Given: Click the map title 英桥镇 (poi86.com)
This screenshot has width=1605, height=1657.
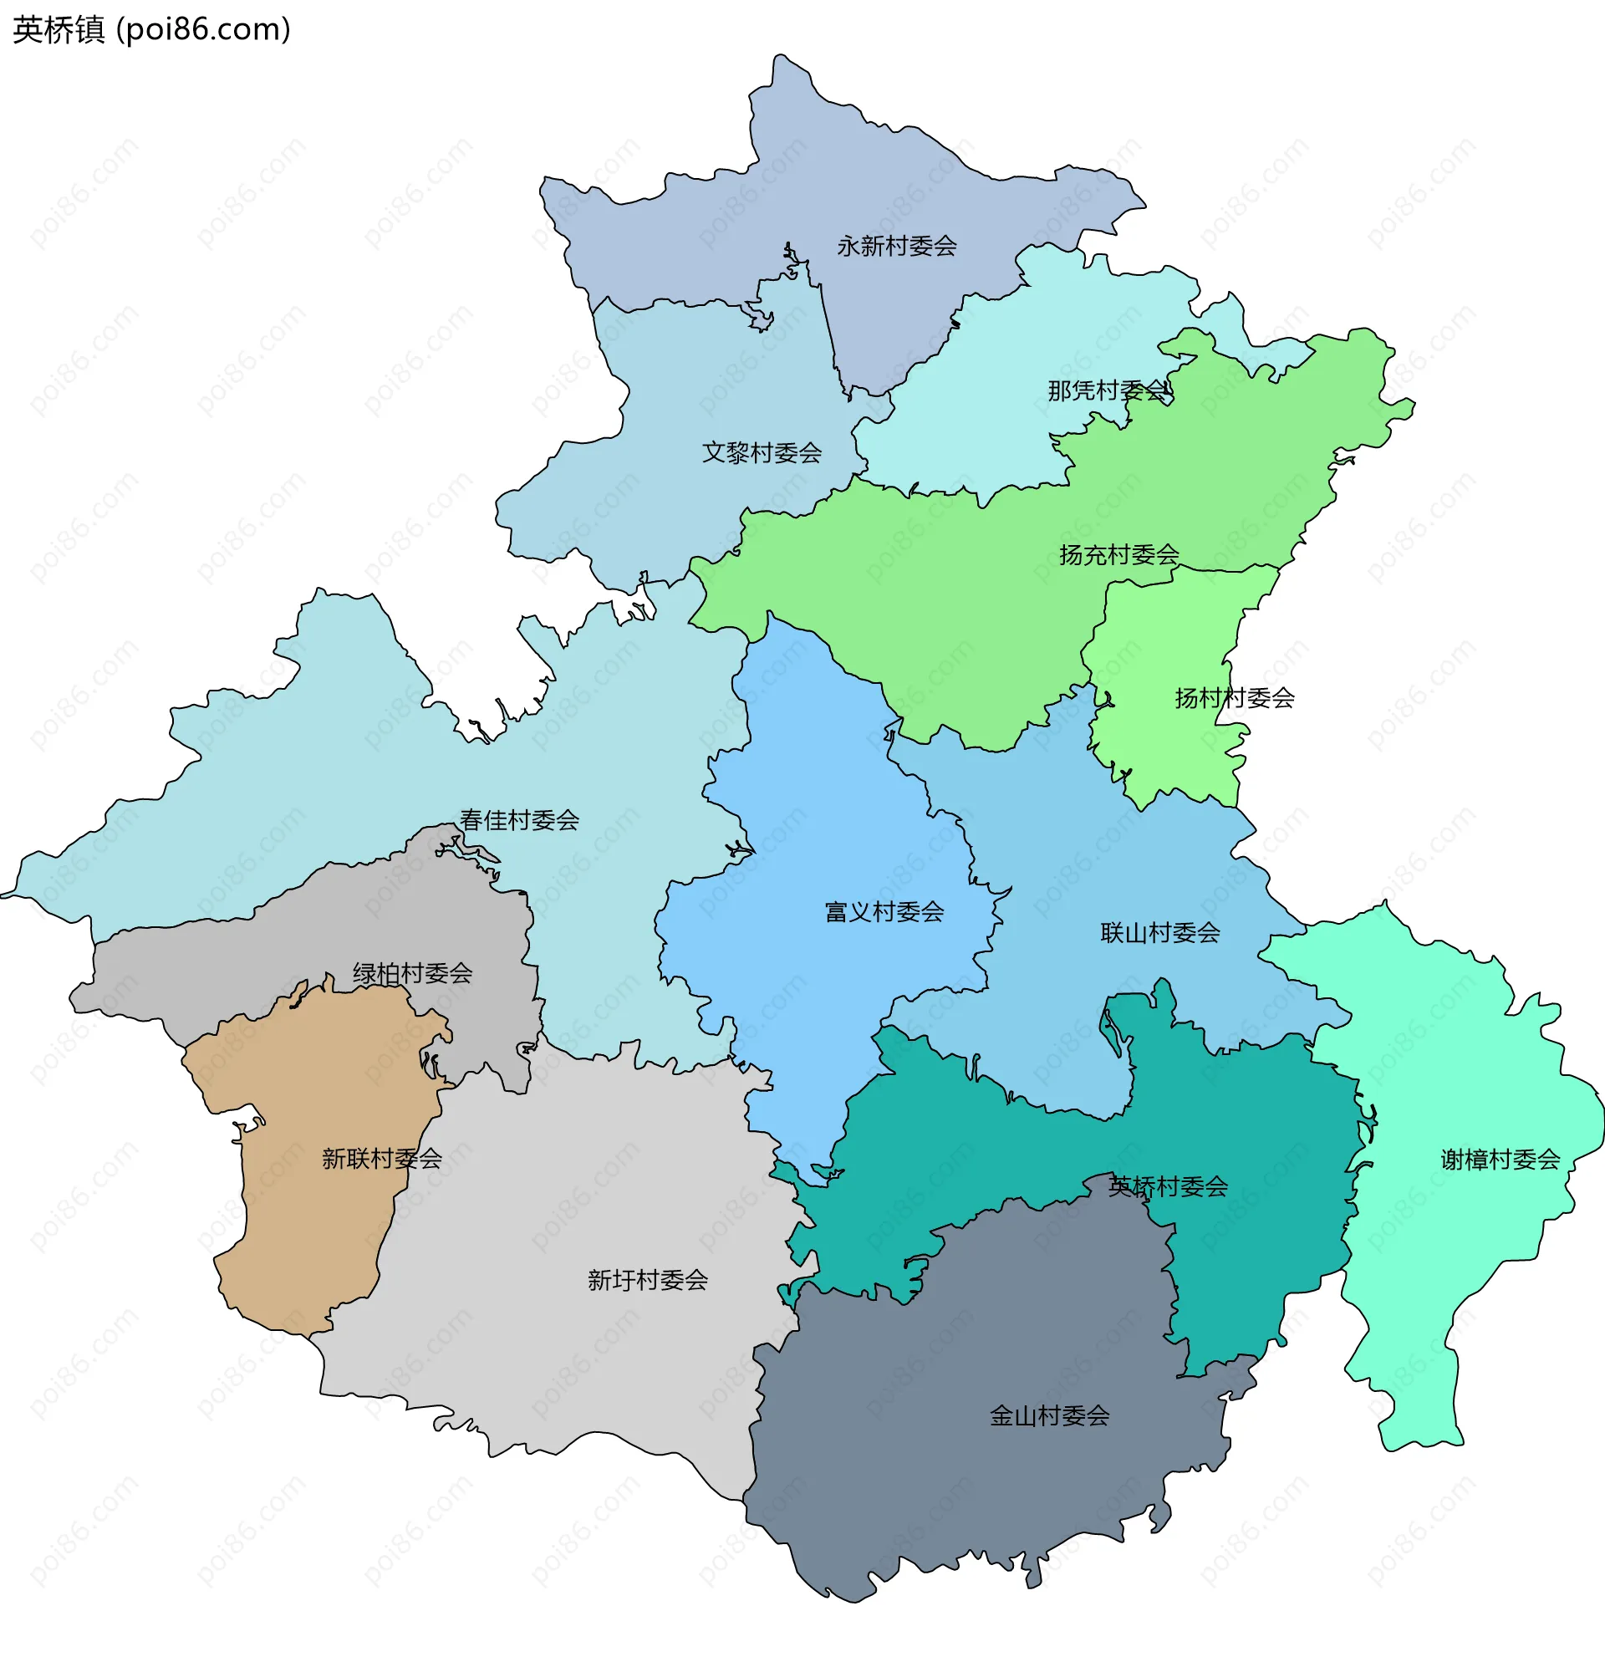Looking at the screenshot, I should click(x=152, y=29).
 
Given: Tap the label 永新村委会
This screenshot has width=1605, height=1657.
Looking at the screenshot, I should click(x=896, y=246).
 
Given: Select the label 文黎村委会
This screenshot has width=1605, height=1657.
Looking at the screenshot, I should click(x=762, y=453).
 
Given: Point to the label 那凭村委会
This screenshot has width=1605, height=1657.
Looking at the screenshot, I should click(x=1107, y=390).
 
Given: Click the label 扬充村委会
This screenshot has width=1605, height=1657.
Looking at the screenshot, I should click(x=1119, y=554).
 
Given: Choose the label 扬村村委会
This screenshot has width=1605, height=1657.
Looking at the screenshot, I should click(x=1234, y=698).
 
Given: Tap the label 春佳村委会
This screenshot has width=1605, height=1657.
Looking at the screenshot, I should click(x=519, y=820).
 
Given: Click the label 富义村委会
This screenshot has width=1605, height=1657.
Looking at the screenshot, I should click(x=884, y=912).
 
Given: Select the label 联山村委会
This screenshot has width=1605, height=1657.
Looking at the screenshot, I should click(x=1159, y=933).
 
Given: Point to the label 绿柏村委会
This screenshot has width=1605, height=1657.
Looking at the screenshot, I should click(x=412, y=974).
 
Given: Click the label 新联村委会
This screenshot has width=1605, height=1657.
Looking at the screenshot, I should click(x=382, y=1159).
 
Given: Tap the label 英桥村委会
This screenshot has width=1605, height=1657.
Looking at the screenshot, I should click(x=1168, y=1187).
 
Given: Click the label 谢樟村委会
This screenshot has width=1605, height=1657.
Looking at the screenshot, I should click(x=1501, y=1160).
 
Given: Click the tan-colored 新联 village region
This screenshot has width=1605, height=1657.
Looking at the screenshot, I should click(x=313, y=1226).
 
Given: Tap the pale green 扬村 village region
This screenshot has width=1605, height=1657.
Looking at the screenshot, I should click(x=1166, y=643).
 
